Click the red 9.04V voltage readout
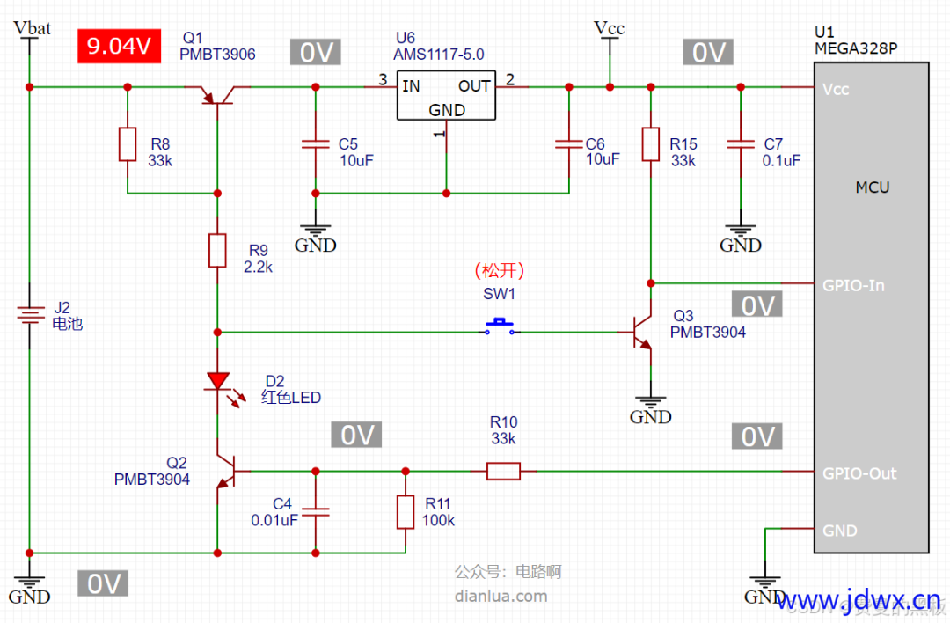pos(119,46)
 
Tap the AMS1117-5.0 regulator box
pos(446,96)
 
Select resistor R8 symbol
pos(128,144)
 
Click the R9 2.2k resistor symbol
pos(217,251)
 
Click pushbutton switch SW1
pos(501,327)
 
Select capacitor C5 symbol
pos(314,143)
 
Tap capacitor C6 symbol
pos(568,143)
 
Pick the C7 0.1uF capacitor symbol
pos(741,143)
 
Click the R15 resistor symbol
pos(651,144)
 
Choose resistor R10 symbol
pos(504,472)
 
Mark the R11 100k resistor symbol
pos(405,511)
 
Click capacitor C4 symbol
pos(315,510)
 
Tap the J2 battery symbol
pos(30,314)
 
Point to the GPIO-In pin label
pos(853,285)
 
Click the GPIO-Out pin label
pos(859,473)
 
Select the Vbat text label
pos(33,28)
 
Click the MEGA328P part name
pos(857,48)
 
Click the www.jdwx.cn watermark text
pos(862,601)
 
